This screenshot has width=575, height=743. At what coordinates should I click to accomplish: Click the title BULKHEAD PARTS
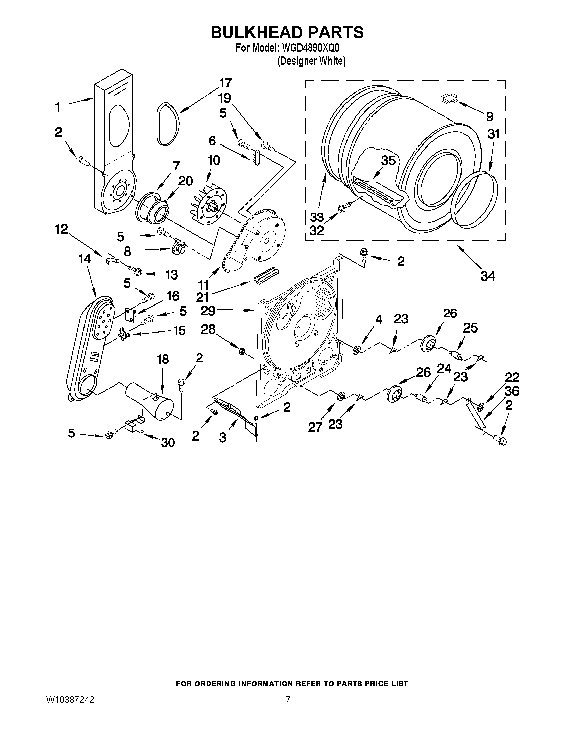tap(287, 32)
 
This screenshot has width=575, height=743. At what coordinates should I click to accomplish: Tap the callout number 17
tap(225, 83)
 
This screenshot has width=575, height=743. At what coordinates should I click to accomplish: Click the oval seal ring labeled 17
tap(168, 124)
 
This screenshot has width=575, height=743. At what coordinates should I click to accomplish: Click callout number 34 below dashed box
tap(488, 276)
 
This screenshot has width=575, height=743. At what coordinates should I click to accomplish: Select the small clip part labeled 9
tap(449, 98)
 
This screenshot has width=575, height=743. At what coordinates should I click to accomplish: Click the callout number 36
tap(512, 391)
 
